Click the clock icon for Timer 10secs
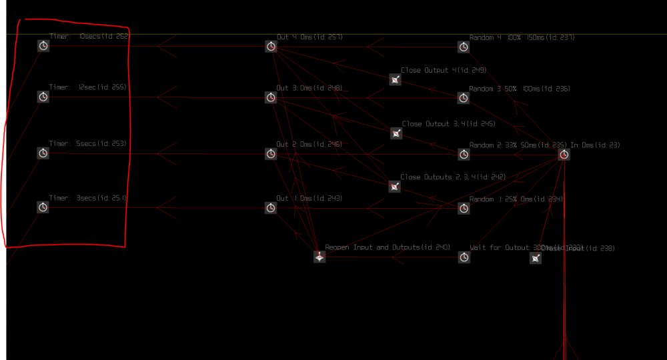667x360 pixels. point(43,46)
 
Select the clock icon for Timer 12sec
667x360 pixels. point(43,97)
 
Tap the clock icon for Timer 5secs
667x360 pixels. point(43,153)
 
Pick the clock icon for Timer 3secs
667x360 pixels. point(43,207)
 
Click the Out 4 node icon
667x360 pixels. point(271,46)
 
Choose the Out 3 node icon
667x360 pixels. point(271,97)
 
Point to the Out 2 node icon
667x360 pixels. point(271,154)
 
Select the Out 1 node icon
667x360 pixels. point(271,208)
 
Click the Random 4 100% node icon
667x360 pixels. point(464,47)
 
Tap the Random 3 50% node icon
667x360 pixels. point(464,98)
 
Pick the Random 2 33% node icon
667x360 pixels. point(464,155)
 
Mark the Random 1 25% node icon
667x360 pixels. point(464,209)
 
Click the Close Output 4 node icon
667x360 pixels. point(396,80)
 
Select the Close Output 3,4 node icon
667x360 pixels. point(396,133)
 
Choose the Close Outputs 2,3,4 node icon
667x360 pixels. point(395,187)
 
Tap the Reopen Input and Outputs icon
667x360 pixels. point(319,257)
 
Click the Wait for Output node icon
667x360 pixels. point(464,257)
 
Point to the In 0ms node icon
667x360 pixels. point(564,155)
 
